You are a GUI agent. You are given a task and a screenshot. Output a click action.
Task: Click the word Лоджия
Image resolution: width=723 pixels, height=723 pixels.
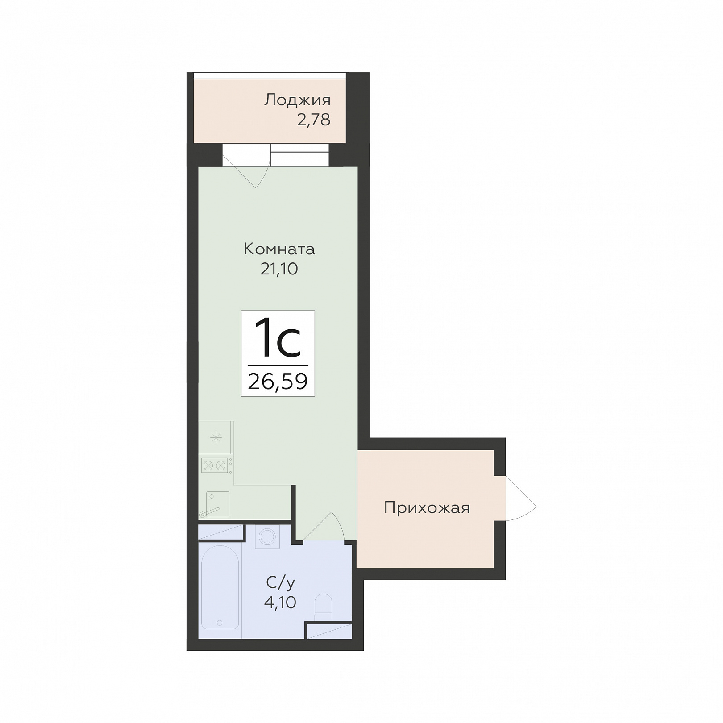coord(297,100)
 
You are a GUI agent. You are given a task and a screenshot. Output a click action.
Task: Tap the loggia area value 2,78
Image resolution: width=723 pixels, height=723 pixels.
coord(314,120)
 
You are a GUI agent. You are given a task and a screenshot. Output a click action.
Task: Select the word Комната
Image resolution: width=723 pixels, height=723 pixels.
coord(279,249)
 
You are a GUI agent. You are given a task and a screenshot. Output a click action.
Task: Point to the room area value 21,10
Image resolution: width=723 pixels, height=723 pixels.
coord(279,269)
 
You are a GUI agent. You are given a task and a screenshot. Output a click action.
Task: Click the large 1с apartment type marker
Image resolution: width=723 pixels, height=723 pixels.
coord(277,338)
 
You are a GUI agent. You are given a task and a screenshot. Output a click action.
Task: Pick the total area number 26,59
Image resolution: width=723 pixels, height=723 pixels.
coord(278,382)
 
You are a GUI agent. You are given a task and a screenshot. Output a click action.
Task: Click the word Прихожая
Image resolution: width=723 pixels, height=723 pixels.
coord(427,508)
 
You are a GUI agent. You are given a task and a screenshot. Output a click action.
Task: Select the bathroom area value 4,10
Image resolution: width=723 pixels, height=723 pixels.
coord(280,602)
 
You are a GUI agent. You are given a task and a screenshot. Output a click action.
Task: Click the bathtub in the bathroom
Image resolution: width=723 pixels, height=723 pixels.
coord(220,587)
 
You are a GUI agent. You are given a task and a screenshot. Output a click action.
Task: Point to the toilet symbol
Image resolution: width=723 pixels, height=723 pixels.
coord(323,607)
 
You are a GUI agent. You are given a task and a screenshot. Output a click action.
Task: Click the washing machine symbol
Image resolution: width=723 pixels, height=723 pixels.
coord(267,536)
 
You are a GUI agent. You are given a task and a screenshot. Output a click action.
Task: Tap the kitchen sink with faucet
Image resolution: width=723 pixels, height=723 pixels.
coord(217,504)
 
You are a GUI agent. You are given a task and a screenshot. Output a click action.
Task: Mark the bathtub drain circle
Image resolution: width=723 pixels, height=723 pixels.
coord(220,622)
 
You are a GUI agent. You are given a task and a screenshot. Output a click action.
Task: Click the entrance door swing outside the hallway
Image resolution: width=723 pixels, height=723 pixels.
coord(521,499)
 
